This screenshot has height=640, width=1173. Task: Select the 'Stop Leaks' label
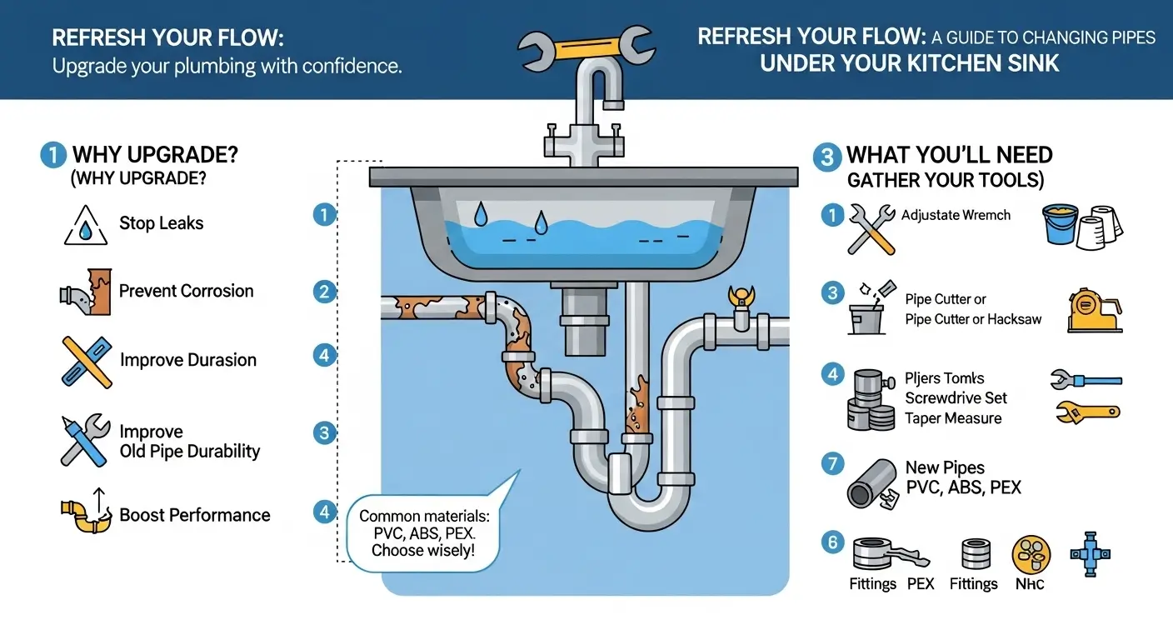(x=161, y=223)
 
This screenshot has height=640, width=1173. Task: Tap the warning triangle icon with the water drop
(x=87, y=226)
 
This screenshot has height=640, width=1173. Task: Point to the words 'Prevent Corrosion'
(x=186, y=291)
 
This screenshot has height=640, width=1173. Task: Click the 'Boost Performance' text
(x=194, y=515)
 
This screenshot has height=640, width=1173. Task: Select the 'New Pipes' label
(x=945, y=467)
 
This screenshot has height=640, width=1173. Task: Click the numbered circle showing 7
(x=831, y=463)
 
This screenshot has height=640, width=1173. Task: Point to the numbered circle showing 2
(x=324, y=292)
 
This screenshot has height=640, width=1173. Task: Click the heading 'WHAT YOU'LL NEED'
(x=949, y=155)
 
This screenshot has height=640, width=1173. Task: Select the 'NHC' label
(x=1030, y=584)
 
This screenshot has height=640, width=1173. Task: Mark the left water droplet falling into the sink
(x=481, y=215)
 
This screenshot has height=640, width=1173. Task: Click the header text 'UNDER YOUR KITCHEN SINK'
(x=910, y=64)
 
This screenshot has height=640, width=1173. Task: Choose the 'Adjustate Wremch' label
(x=956, y=215)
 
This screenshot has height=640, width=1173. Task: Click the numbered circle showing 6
(x=831, y=542)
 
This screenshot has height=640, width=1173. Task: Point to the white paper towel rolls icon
(x=1101, y=227)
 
